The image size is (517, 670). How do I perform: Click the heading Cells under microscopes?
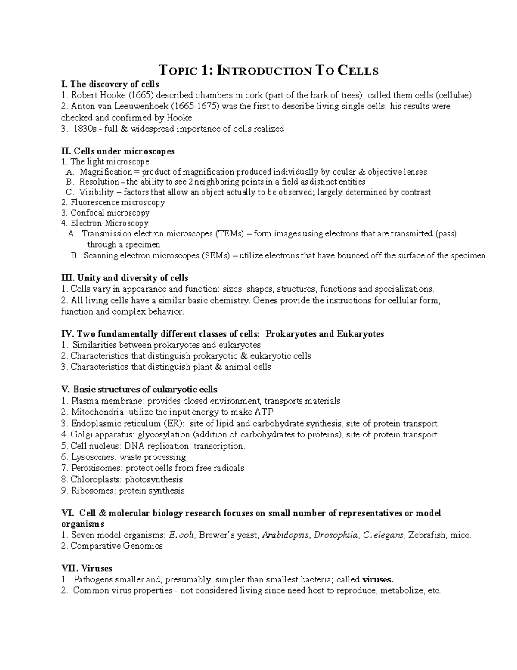[124, 151]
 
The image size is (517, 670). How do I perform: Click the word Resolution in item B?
[99, 182]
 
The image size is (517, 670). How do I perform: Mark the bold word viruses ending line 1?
[378, 579]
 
